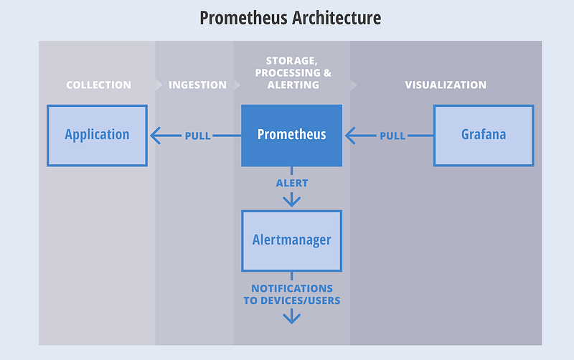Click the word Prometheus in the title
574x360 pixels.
243,18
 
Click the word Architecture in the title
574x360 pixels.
337,17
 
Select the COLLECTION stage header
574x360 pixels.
98,85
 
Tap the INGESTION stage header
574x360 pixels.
197,85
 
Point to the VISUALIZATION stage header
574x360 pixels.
446,85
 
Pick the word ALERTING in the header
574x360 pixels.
293,85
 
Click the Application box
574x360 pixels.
97,136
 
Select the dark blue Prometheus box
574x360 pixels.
292,136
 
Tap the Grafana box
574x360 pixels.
484,136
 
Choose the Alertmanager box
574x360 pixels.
292,241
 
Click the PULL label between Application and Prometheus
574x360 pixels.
198,136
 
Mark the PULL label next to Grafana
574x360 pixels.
392,136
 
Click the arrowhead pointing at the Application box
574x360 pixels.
155,136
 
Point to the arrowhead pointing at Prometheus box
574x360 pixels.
350,136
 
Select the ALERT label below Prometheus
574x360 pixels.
292,183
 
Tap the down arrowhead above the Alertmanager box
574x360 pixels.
292,201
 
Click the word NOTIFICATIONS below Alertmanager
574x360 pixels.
292,288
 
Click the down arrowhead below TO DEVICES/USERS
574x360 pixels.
292,318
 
